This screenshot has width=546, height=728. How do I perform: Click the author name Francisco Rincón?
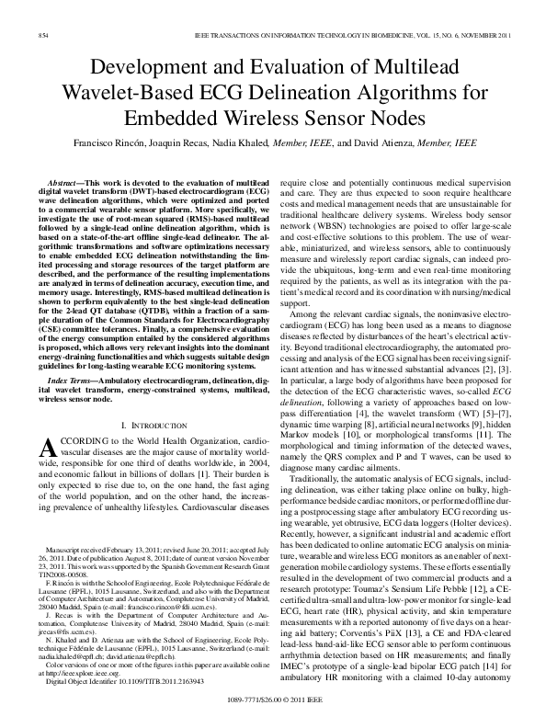107,144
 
